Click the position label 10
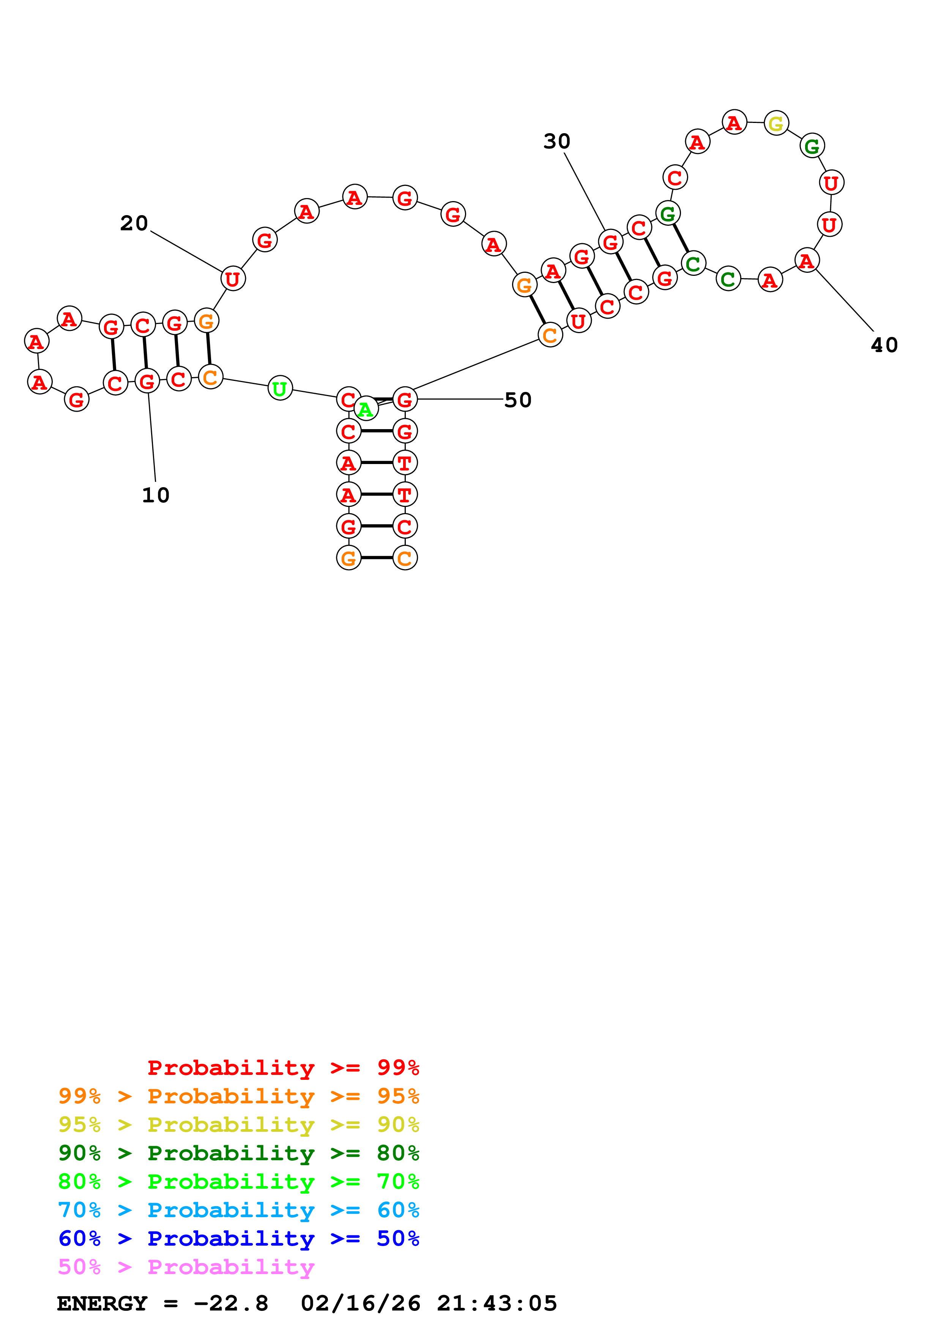155,495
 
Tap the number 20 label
134,223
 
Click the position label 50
518,400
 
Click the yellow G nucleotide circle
776,123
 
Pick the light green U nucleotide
280,389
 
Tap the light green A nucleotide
365,410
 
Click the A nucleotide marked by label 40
807,261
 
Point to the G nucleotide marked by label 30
610,242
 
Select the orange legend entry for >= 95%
238,1096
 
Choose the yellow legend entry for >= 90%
238,1125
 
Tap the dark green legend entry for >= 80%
238,1153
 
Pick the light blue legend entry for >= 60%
238,1210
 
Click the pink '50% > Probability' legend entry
186,1266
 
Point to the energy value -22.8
231,1303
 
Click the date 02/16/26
361,1303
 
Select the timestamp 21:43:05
497,1303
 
